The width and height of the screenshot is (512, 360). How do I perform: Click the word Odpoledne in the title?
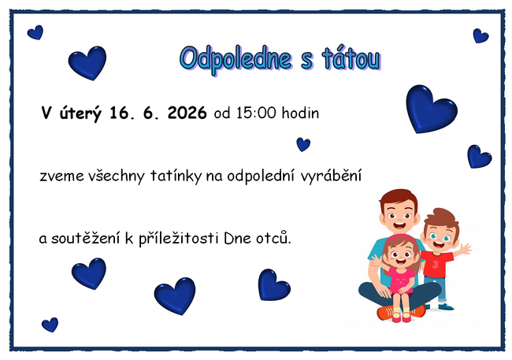point(235,60)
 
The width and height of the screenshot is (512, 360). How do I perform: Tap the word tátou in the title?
point(351,59)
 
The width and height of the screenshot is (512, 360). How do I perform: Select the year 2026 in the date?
point(187,113)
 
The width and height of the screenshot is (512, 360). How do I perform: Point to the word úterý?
point(80,113)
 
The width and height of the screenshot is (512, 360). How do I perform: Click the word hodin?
point(300,113)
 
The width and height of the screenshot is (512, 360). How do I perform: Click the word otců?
point(273,237)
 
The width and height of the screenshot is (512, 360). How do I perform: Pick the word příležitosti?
point(179,238)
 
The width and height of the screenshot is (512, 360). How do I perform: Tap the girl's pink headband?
point(401,237)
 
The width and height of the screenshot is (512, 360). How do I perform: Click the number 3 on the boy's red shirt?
point(436,264)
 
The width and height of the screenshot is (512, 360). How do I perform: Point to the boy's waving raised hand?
point(464,249)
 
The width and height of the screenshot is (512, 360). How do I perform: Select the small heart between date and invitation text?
point(303,144)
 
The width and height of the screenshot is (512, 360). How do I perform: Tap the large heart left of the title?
point(88,63)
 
